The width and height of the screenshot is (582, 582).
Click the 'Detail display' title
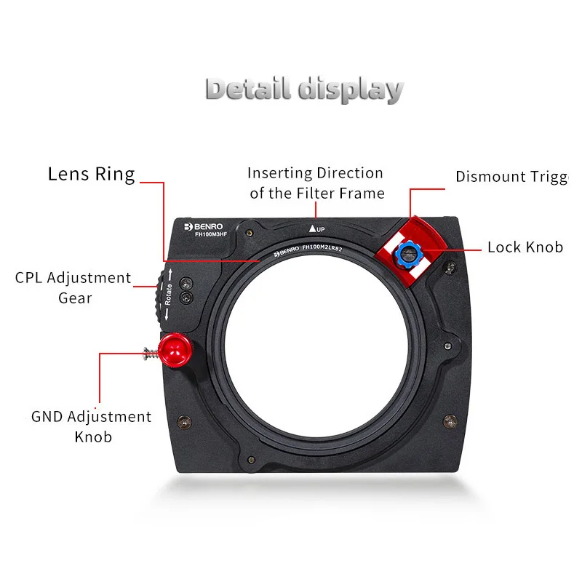pos(303,88)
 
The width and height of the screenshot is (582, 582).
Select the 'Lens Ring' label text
pos(92,175)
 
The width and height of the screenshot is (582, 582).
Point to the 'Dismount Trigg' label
pos(511,177)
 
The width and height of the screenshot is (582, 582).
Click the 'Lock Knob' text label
pos(525,247)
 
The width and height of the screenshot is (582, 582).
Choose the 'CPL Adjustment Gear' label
pos(73,287)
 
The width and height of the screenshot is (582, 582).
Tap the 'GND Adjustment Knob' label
pos(92,426)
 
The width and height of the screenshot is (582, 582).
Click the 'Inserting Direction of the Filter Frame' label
pos(315,183)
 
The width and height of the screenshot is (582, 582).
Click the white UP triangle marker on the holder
pos(312,228)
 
